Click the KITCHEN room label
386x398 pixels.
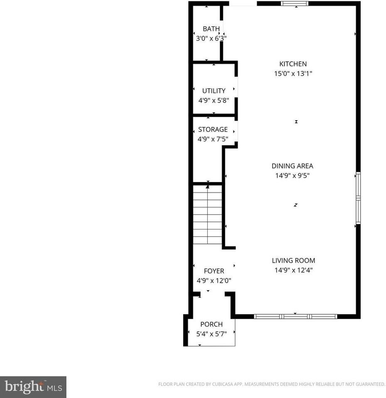click(x=293, y=64)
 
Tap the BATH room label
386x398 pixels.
click(x=211, y=29)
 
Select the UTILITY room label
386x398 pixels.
click(x=214, y=91)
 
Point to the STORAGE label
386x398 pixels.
click(x=213, y=129)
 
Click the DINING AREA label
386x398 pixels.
click(x=293, y=166)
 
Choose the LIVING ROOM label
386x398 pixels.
click(x=293, y=260)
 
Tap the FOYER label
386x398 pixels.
click(x=214, y=271)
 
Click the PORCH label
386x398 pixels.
click(x=211, y=324)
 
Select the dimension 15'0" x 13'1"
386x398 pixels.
click(x=293, y=74)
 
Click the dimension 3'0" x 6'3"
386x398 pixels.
click(x=211, y=39)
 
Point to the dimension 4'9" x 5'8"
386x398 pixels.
click(x=214, y=100)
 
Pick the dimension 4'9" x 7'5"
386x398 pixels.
click(x=213, y=139)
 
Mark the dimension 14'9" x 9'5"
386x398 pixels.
click(x=293, y=176)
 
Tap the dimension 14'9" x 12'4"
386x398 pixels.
click(x=293, y=270)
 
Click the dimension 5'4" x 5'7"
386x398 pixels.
click(x=211, y=334)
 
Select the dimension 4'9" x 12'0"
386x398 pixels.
click(x=214, y=281)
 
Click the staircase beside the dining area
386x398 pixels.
click(x=208, y=215)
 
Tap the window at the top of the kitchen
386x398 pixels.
click(x=295, y=4)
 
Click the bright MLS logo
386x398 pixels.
click(x=33, y=387)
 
